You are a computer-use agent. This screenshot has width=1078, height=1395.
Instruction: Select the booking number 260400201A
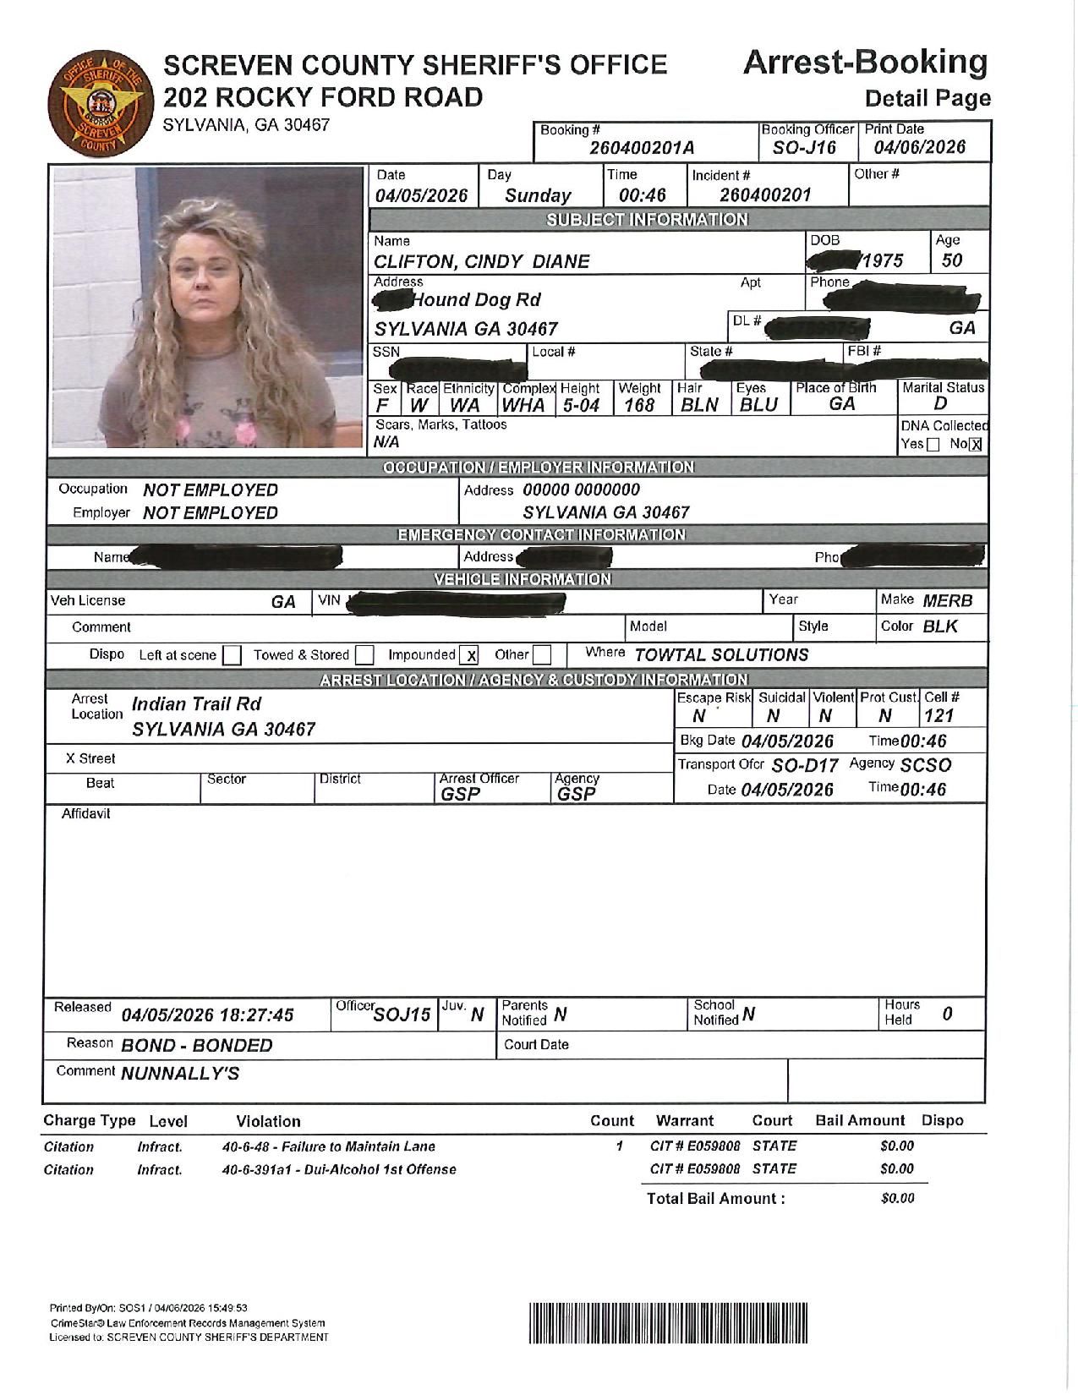tap(642, 149)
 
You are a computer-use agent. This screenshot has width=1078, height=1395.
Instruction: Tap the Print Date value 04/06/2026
tap(919, 148)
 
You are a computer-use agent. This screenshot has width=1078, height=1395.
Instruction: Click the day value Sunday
tap(538, 196)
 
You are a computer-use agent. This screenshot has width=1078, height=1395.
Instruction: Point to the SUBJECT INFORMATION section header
tap(647, 220)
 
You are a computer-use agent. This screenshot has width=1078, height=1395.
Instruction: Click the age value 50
tap(951, 260)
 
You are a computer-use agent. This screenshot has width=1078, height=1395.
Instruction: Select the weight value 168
tap(639, 406)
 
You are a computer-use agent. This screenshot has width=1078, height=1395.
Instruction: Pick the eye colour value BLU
tap(758, 406)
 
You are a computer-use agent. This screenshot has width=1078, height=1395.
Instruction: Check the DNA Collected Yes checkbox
tap(933, 446)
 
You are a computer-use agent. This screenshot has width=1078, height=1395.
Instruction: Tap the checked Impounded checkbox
tap(471, 655)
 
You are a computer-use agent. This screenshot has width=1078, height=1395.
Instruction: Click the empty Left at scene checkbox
tap(233, 655)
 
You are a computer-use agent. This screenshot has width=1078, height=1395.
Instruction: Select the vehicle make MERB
tap(947, 601)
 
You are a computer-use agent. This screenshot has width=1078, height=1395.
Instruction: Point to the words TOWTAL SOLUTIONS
tap(720, 655)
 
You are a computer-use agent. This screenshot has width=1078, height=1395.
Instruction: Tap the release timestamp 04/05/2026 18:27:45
tap(207, 1015)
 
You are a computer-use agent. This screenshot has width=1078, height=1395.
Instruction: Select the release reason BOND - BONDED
tap(196, 1046)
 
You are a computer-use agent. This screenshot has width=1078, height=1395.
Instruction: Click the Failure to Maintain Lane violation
tap(329, 1147)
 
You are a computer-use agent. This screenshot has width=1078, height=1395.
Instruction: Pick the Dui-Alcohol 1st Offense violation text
tap(339, 1170)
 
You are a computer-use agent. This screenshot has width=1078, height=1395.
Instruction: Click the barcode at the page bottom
tap(669, 1323)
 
